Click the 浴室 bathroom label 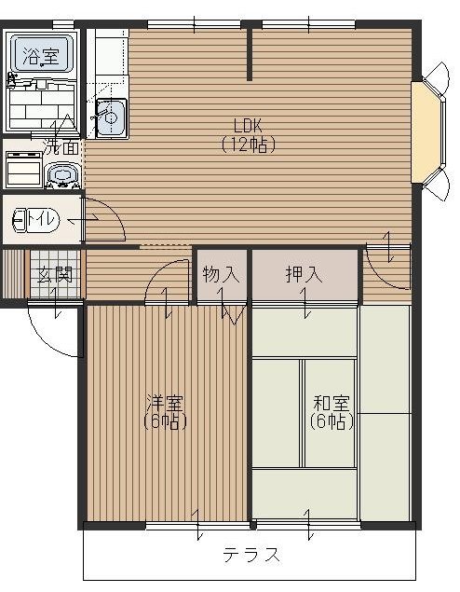click(41, 56)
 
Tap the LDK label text click(248, 126)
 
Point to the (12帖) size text click(249, 145)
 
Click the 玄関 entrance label click(55, 275)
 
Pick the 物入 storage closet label click(221, 274)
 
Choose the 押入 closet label click(304, 274)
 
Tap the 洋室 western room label click(165, 404)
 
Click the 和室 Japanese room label click(331, 404)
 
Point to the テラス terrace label click(251, 555)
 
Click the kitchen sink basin click(111, 118)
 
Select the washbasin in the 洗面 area click(62, 175)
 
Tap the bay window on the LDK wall click(428, 132)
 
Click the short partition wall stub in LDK click(250, 55)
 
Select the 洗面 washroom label click(61, 148)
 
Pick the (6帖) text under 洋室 click(165, 421)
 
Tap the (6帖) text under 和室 click(331, 421)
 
